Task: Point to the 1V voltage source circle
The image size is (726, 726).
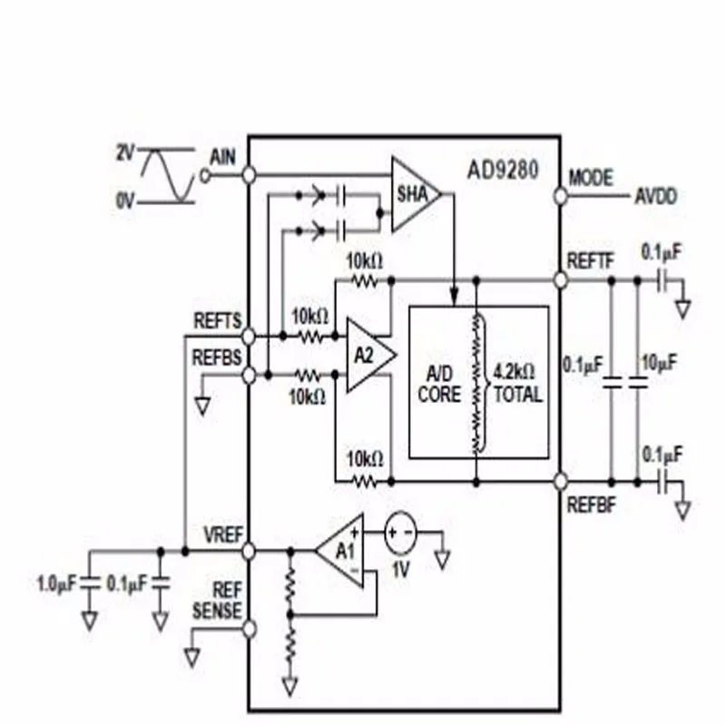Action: point(401,533)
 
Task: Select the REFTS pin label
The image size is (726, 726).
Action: point(218,320)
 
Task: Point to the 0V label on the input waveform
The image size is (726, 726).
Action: point(125,197)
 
